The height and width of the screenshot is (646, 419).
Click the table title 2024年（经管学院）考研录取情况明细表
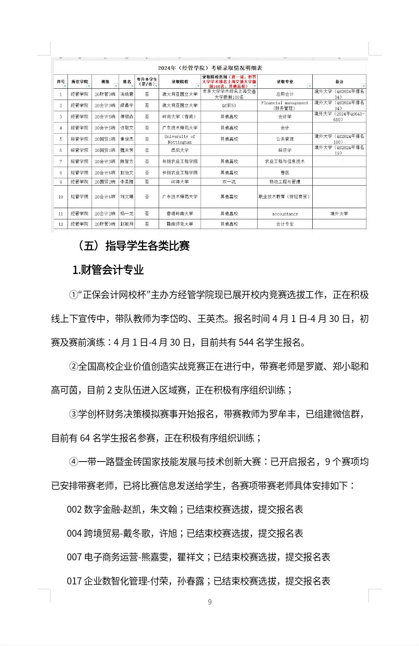[210, 68]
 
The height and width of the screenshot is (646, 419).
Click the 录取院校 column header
[180, 82]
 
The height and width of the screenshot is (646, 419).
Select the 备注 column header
[339, 82]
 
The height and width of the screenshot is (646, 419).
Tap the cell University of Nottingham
[180, 139]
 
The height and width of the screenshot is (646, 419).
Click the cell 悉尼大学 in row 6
[180, 150]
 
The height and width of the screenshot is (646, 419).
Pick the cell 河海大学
[180, 182]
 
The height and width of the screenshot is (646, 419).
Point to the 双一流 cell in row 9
[229, 182]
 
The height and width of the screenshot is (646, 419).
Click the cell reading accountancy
[285, 214]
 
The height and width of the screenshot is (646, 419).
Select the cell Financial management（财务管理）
[285, 105]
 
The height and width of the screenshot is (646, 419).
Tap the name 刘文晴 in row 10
[127, 197]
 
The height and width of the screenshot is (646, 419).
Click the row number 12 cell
[61, 224]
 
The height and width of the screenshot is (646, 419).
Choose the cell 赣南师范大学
[180, 224]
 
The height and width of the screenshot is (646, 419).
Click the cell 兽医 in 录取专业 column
[285, 173]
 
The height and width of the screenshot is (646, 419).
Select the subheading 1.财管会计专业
[108, 270]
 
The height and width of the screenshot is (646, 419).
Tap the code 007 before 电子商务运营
[74, 557]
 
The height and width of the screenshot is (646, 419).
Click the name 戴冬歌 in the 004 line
[137, 534]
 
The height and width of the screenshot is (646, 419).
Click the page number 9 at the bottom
[210, 602]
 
